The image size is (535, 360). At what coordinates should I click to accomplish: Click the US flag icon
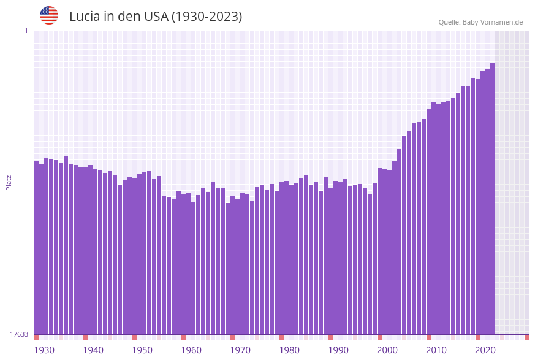tap(49, 15)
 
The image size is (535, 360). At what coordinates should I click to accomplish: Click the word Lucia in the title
tap(85, 17)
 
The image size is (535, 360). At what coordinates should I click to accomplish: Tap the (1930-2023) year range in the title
tap(207, 17)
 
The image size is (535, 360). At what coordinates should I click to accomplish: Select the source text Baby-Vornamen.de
tap(492, 22)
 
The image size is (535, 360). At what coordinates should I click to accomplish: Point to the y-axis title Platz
tap(9, 182)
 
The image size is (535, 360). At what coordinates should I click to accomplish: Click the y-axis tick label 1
tap(26, 31)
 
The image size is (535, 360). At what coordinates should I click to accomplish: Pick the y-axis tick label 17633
tap(19, 334)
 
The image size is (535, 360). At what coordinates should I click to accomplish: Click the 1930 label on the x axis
tap(44, 350)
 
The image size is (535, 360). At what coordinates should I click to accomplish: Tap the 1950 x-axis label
tap(142, 350)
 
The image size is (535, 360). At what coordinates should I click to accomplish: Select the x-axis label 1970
tap(240, 350)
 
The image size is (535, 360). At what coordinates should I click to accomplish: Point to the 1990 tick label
tap(338, 350)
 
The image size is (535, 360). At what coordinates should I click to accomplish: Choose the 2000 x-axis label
tap(387, 350)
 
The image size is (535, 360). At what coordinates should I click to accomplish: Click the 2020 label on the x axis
tap(485, 350)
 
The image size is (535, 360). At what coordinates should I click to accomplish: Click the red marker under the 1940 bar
tap(85, 337)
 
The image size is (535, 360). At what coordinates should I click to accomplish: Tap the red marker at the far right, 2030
tap(526, 337)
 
